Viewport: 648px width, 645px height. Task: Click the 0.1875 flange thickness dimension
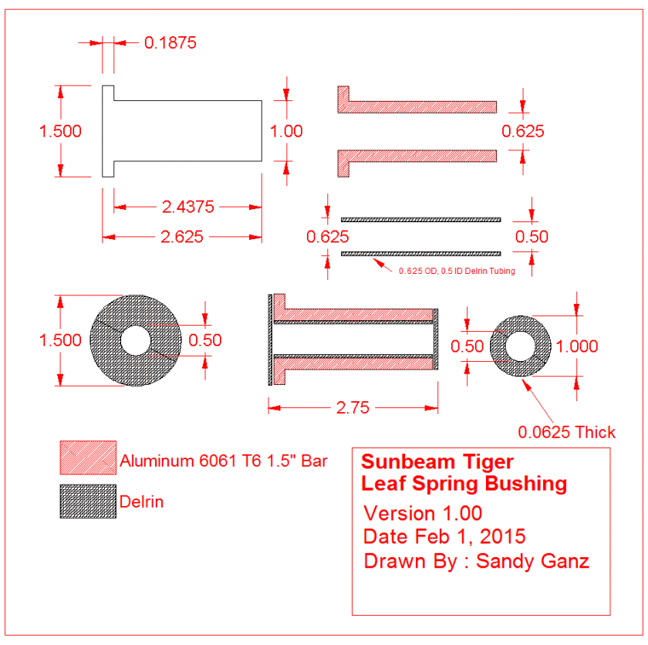point(170,42)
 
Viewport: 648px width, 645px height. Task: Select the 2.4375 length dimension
point(187,207)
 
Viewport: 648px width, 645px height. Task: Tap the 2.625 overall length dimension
point(181,237)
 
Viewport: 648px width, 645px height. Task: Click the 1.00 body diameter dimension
point(287,131)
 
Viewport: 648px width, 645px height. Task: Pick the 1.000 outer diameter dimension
point(576,346)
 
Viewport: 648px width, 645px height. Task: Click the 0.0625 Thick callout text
point(567,431)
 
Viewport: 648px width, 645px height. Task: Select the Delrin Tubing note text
point(457,271)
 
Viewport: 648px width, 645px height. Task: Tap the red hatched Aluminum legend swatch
point(88,458)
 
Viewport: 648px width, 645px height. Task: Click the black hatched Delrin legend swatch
point(88,501)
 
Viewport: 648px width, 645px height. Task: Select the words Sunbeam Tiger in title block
point(437,462)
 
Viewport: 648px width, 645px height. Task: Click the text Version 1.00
point(423,513)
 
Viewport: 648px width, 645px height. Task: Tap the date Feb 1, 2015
point(471,536)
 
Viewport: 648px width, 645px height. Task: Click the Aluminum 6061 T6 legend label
point(224,461)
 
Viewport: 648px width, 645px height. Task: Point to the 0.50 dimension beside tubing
point(531,236)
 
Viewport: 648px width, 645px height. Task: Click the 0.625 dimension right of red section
point(522,131)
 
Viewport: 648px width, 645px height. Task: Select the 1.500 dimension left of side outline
point(60,131)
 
